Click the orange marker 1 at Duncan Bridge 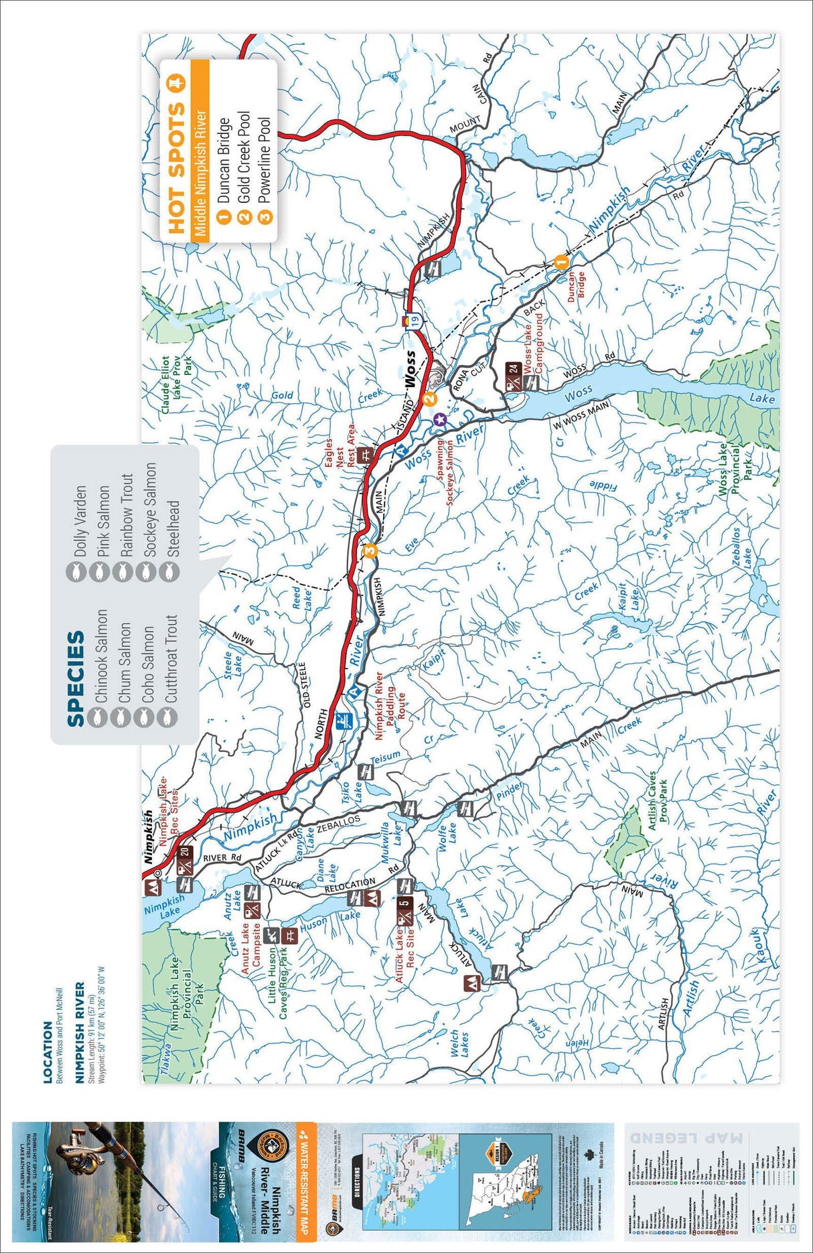(561, 260)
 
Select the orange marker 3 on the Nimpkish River (370, 550)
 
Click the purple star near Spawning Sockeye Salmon (439, 419)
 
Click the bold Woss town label (410, 368)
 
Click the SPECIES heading (76, 678)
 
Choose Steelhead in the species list (173, 529)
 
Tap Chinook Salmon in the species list (101, 655)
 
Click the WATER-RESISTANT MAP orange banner (305, 1179)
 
